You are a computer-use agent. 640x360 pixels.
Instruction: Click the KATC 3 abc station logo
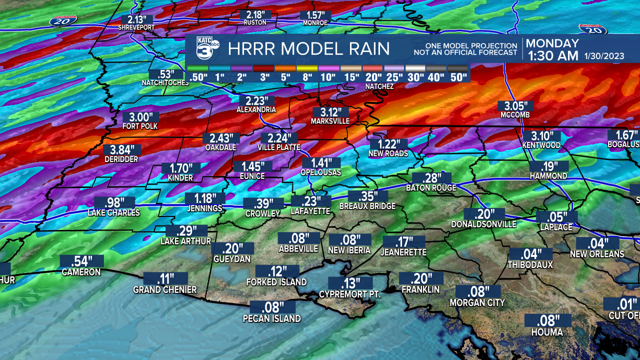(x=206, y=48)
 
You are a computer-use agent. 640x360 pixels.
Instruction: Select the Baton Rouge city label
(x=431, y=188)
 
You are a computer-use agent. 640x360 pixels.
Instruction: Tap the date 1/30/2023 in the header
(x=603, y=56)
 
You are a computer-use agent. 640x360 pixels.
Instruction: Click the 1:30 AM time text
(x=552, y=55)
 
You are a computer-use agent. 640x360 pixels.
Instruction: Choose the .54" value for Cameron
(x=81, y=261)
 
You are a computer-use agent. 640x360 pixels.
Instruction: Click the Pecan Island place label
(x=272, y=318)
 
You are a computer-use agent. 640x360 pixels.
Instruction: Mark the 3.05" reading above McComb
(x=515, y=105)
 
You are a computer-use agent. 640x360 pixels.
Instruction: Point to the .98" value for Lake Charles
(x=113, y=202)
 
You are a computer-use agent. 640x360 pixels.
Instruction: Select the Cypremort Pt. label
(x=350, y=294)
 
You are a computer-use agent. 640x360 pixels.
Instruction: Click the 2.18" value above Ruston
(x=255, y=14)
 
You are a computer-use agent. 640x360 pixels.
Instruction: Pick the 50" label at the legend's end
(x=457, y=77)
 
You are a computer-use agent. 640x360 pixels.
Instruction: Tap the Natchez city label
(x=379, y=86)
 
